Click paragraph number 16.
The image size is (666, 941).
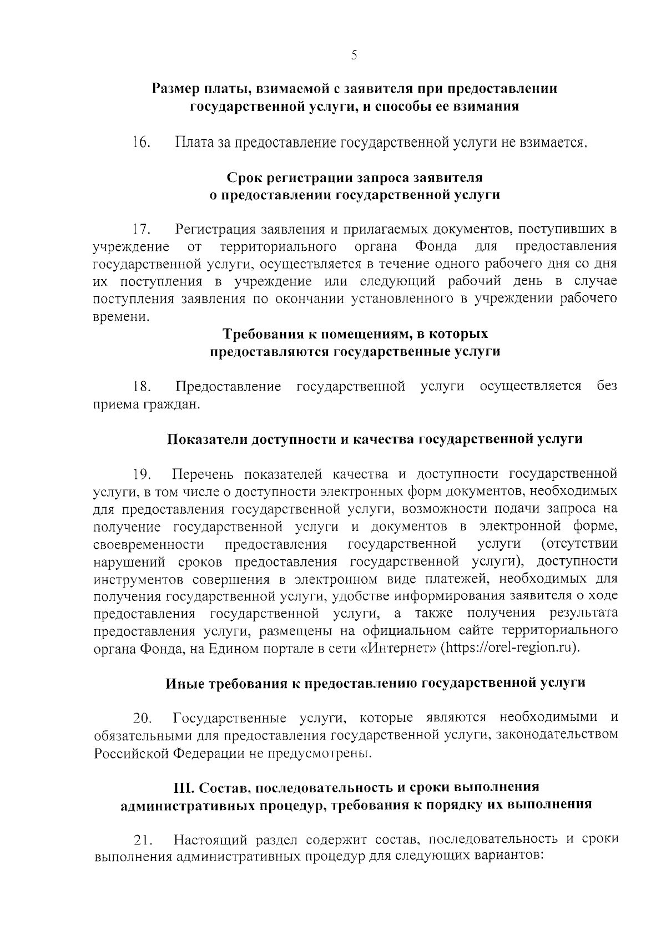(x=142, y=143)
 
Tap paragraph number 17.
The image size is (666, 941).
(x=142, y=229)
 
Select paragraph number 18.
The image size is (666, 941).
(x=142, y=387)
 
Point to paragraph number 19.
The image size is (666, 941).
(x=142, y=474)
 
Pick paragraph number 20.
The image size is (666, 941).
(x=142, y=719)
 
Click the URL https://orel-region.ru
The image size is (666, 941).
(x=511, y=648)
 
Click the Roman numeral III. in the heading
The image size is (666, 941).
(x=184, y=788)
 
